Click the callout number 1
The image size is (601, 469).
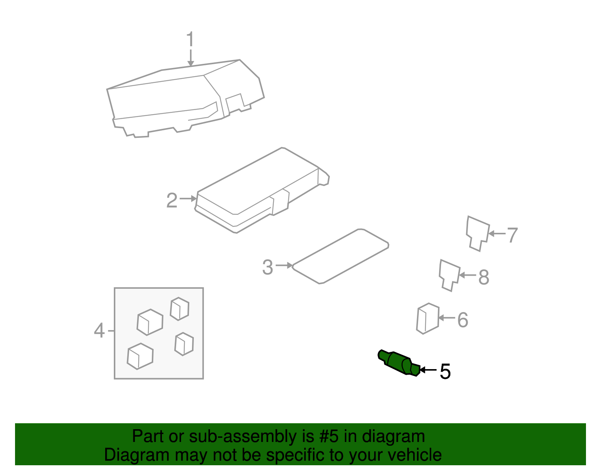coord(190,39)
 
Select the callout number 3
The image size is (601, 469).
coord(267,267)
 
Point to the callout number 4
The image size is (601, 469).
coord(99,330)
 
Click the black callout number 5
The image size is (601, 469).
coord(445,371)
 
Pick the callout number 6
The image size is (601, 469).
coord(462,320)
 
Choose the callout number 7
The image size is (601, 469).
coord(512,235)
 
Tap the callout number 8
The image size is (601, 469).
coord(483,277)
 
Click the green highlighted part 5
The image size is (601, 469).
coord(398,362)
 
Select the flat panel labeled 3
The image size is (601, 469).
coord(340,256)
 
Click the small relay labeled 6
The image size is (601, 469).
coord(427,318)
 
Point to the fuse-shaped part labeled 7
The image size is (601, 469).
coord(477,232)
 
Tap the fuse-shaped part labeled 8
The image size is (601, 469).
coord(449,274)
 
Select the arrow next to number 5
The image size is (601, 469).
coord(428,370)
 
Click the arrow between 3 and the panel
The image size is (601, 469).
coord(284,265)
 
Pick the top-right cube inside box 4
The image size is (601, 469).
coord(180,309)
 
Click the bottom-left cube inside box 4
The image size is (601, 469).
coord(140,356)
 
